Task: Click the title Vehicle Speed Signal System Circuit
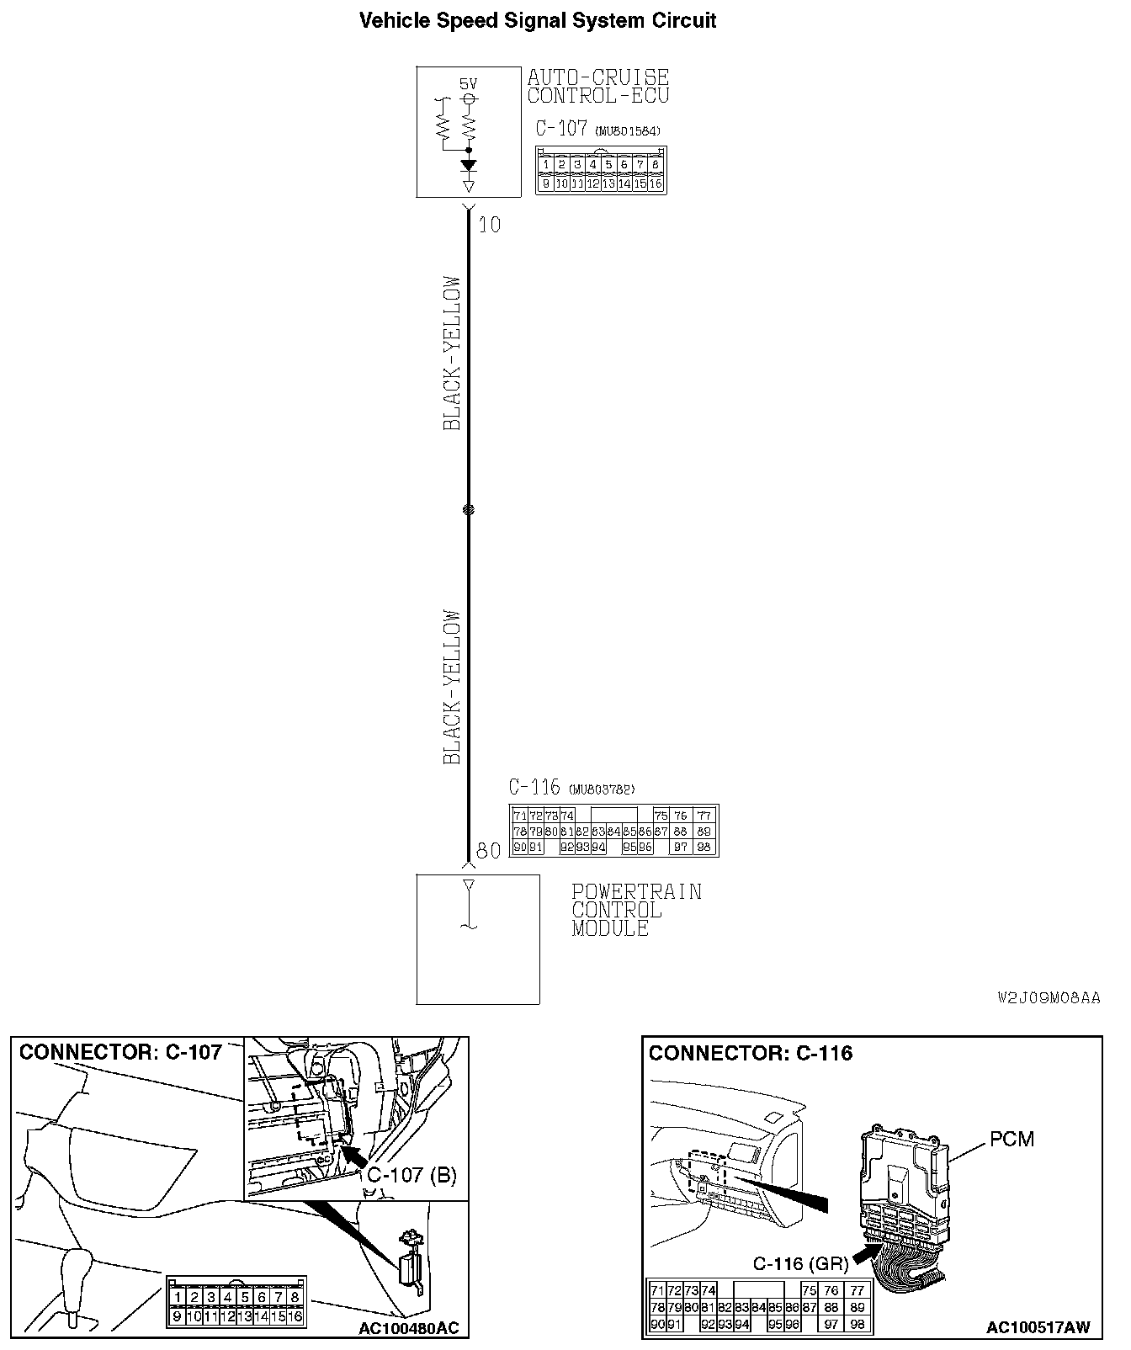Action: pos(538,20)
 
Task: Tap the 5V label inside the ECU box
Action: pos(468,84)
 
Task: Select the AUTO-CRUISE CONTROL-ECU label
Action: pos(597,87)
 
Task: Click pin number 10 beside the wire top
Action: pos(489,225)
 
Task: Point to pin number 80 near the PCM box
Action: pos(488,851)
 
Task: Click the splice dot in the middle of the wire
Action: pos(469,510)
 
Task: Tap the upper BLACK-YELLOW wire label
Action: pos(453,353)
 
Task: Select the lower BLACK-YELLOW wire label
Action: pos(453,688)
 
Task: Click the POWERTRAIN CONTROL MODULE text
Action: pos(635,910)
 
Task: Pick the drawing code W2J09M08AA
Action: pos(1049,998)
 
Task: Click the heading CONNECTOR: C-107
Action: pos(120,1053)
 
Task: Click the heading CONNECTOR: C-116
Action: pos(751,1053)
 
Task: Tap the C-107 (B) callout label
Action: pos(412,1174)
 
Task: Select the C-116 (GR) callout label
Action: pos(800,1264)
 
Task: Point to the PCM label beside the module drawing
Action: pos(1012,1140)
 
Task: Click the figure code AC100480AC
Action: pos(409,1328)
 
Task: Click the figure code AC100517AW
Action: pos(1038,1328)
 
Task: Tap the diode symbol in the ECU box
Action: pos(469,166)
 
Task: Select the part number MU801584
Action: pos(627,131)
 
